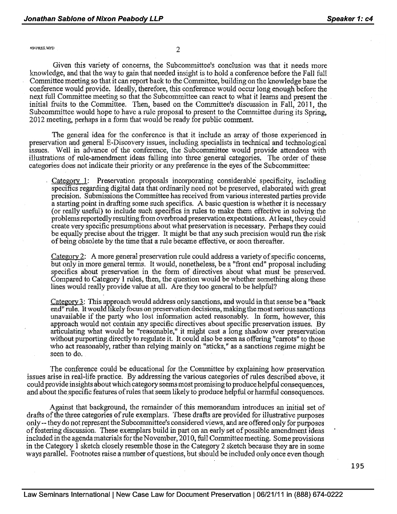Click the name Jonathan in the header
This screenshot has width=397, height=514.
(41, 19)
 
